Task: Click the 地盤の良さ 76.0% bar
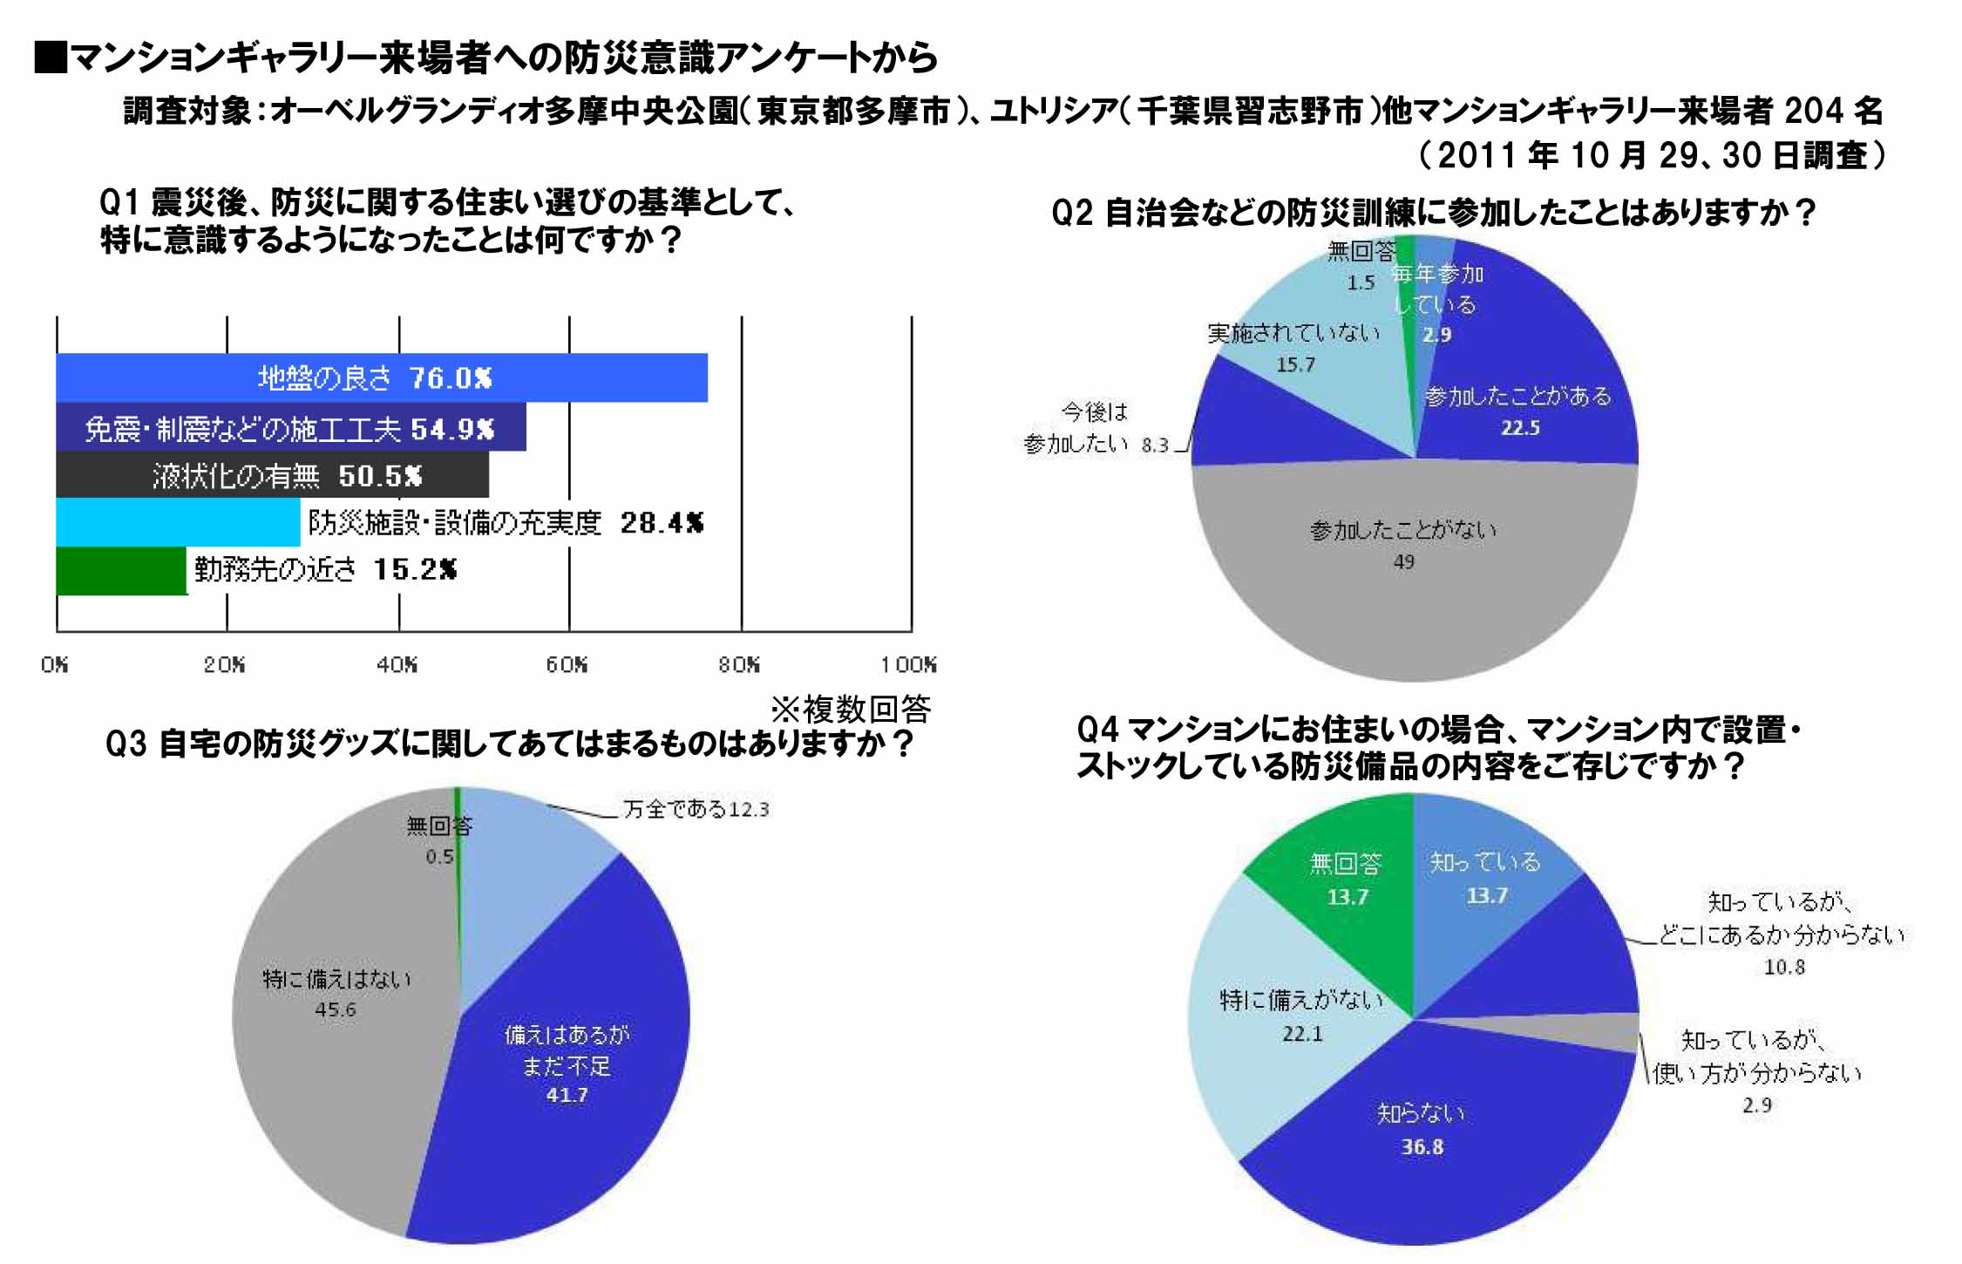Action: [x=381, y=377]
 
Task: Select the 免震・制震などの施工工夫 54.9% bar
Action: [x=290, y=427]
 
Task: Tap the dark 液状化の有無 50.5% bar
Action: [x=272, y=475]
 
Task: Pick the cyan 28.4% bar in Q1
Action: [x=178, y=522]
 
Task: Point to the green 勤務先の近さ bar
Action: [x=121, y=571]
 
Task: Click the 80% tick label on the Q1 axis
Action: [x=738, y=665]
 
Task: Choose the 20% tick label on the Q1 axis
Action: [x=224, y=665]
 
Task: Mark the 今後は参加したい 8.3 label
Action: [x=1095, y=428]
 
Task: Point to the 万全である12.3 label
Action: [x=696, y=810]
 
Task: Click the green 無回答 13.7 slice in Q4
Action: [x=1347, y=880]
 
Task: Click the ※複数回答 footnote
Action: [x=851, y=710]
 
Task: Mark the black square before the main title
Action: [x=51, y=57]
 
